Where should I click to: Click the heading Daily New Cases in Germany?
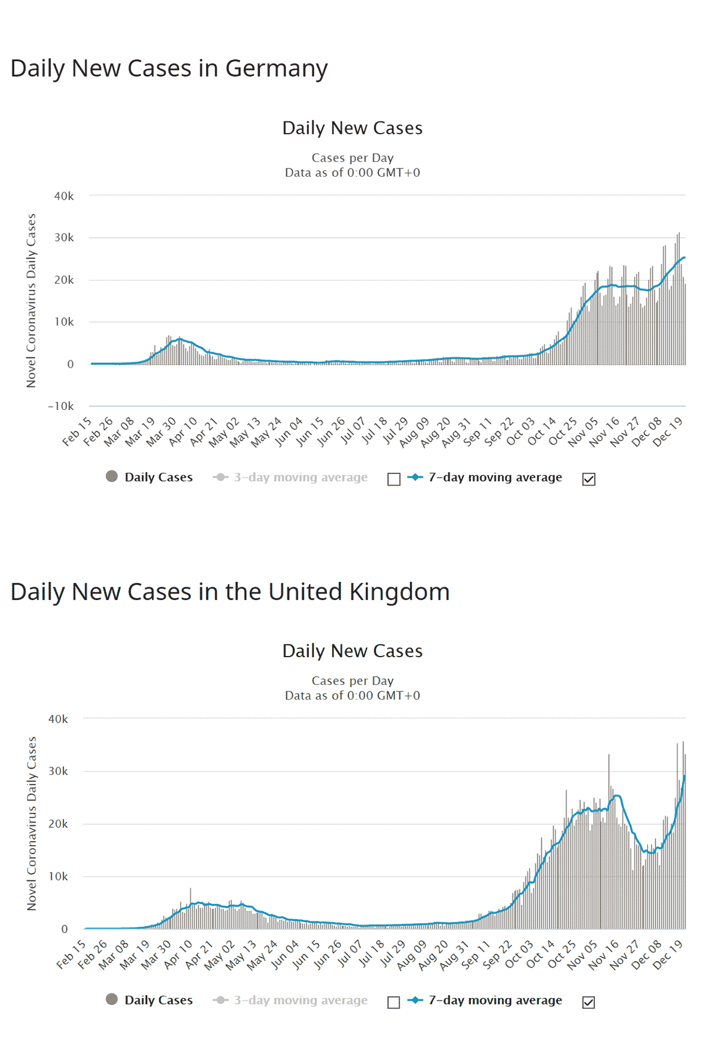[x=169, y=68]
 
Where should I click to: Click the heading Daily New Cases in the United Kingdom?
[x=230, y=592]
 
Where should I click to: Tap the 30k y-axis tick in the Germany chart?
[x=64, y=237]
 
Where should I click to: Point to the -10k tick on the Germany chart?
[x=61, y=406]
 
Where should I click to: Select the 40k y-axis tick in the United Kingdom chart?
[x=58, y=719]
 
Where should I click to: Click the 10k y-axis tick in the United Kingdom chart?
[x=58, y=876]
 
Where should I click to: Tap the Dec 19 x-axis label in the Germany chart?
[x=668, y=432]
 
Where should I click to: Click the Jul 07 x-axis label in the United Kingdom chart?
[x=350, y=954]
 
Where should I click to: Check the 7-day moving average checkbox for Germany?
[x=589, y=479]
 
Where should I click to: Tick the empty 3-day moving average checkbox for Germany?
[x=394, y=479]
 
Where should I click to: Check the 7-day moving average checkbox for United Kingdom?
[x=589, y=1002]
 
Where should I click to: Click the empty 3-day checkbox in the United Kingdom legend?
[x=394, y=1002]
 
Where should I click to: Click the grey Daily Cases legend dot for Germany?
[x=111, y=476]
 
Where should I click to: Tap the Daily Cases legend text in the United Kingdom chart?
[x=158, y=1000]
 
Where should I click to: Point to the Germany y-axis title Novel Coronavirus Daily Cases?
[x=31, y=300]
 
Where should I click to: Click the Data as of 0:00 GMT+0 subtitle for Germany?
[x=352, y=173]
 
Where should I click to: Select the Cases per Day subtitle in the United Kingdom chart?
[x=352, y=681]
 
